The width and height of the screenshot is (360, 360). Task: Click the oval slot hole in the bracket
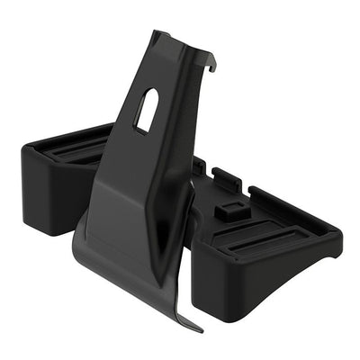[148, 111]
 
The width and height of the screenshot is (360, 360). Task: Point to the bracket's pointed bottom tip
[188, 328]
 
